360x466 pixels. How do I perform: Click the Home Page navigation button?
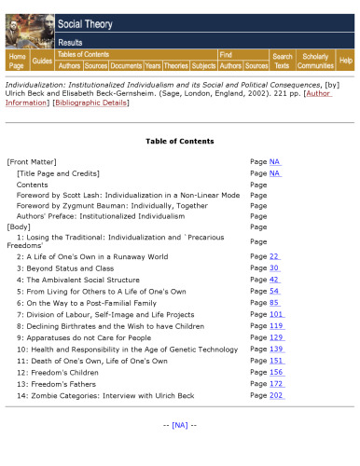click(x=17, y=61)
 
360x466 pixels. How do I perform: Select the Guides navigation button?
click(x=42, y=61)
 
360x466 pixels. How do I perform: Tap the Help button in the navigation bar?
click(x=346, y=61)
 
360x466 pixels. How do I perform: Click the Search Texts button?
click(x=282, y=61)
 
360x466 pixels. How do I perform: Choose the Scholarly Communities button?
click(x=315, y=61)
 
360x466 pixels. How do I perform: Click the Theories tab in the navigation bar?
click(x=176, y=66)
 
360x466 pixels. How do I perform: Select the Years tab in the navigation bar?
click(x=153, y=66)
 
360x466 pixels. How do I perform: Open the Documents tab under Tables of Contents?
click(x=126, y=66)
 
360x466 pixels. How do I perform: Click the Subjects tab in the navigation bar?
click(x=203, y=66)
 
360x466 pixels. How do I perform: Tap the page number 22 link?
click(x=274, y=256)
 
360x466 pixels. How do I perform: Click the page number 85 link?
click(x=274, y=303)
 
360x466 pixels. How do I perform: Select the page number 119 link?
click(x=276, y=326)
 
